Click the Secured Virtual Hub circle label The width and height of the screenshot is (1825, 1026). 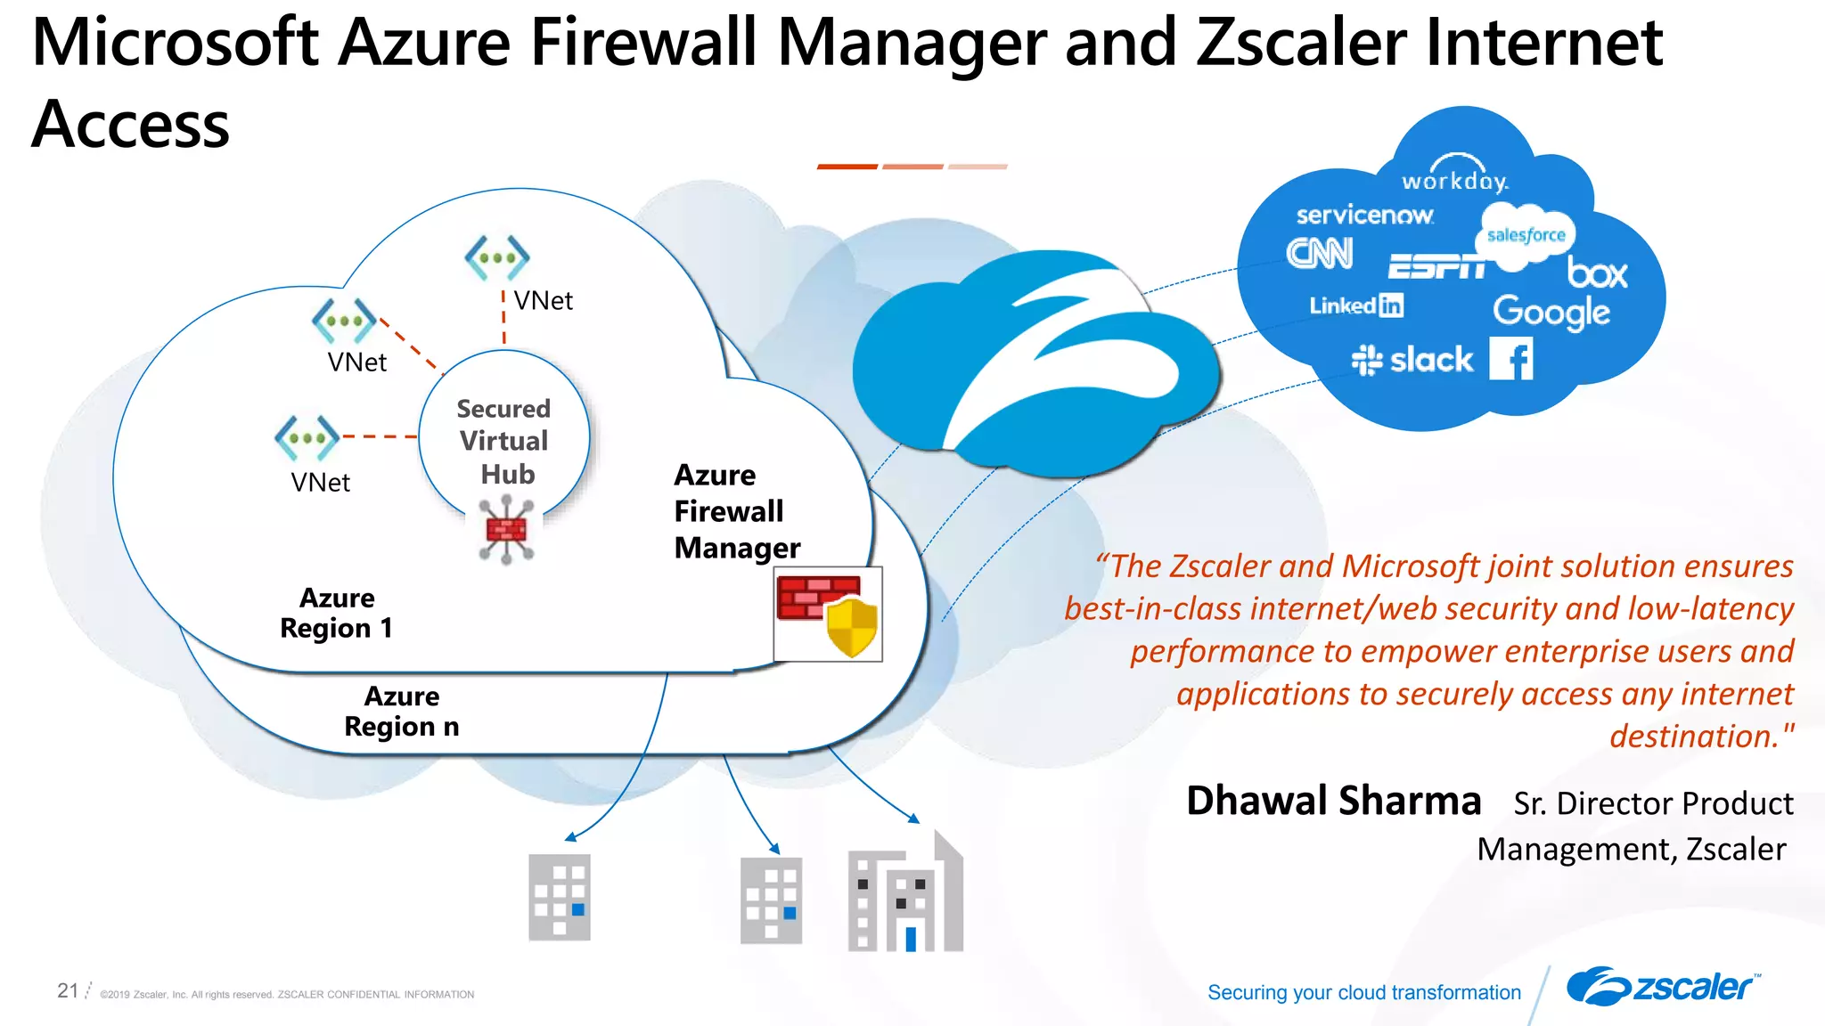point(503,442)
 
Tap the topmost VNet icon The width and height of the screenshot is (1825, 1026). point(496,258)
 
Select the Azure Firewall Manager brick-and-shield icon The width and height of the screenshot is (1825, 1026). point(828,615)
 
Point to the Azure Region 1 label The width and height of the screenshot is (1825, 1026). point(336,613)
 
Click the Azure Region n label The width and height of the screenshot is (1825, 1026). point(401,711)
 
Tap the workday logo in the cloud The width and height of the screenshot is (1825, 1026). point(1454,176)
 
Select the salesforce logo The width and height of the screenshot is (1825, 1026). point(1526,234)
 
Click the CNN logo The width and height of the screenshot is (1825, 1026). point(1320,254)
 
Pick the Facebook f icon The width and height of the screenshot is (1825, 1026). point(1512,359)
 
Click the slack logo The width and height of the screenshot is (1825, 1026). point(1412,360)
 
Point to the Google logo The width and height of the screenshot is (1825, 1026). point(1551,313)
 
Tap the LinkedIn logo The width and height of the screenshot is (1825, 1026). point(1355,305)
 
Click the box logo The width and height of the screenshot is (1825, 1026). point(1598,273)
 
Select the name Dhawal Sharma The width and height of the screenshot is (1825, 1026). point(1333,801)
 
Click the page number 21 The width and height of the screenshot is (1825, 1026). point(68,990)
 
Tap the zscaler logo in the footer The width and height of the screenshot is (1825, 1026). point(1661,987)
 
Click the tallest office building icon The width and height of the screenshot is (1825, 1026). point(905,894)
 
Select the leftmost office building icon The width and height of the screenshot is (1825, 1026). point(560,897)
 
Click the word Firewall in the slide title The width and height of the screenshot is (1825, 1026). point(643,43)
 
